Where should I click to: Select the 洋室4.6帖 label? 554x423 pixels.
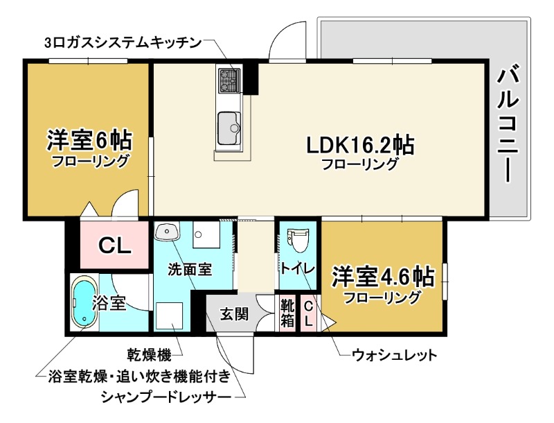click(x=382, y=277)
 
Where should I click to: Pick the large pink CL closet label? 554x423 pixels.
click(x=114, y=245)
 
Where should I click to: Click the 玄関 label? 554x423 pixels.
click(x=235, y=314)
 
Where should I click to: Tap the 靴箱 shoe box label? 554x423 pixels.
click(x=287, y=314)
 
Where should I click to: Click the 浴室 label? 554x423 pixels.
click(x=108, y=303)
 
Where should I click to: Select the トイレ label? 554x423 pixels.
click(x=298, y=268)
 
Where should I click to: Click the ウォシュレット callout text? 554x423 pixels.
click(x=394, y=356)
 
